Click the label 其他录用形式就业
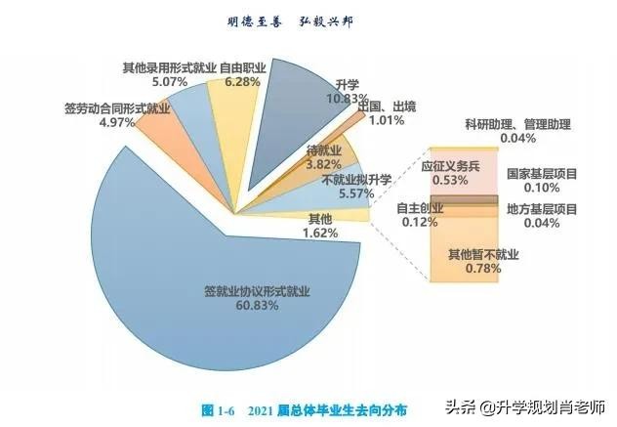click(168, 68)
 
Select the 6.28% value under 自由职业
click(242, 82)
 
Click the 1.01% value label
click(388, 121)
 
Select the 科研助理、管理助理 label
click(517, 125)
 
